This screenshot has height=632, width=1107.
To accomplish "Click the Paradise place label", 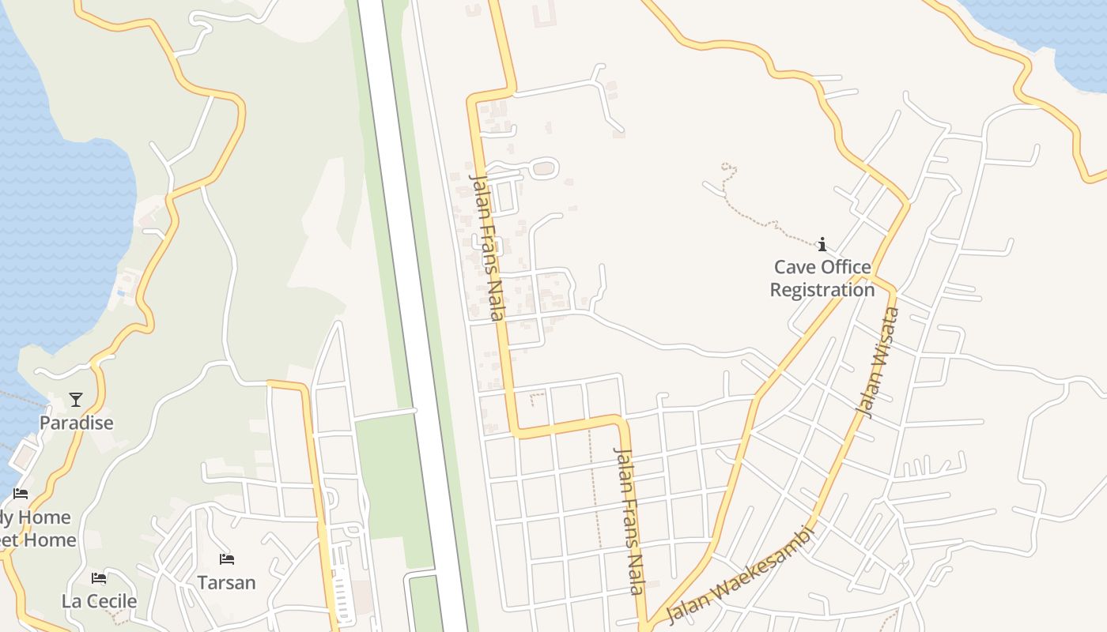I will pyautogui.click(x=77, y=423).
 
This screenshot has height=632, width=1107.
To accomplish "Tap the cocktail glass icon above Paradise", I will pyautogui.click(x=76, y=400).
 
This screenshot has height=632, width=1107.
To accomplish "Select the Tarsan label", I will pyautogui.click(x=226, y=583).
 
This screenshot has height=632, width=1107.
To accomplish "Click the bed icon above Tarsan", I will pyautogui.click(x=227, y=560).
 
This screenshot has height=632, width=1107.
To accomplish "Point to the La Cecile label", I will pyautogui.click(x=99, y=601).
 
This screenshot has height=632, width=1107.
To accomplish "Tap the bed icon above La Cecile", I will pyautogui.click(x=99, y=578).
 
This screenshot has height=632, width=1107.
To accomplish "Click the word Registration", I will pyautogui.click(x=822, y=290).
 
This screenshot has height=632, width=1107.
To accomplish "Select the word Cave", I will pyautogui.click(x=794, y=267).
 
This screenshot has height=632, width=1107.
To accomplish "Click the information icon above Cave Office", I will pyautogui.click(x=822, y=244).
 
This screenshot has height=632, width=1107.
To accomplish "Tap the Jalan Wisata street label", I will pyautogui.click(x=879, y=362).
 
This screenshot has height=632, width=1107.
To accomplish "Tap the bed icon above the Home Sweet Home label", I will pyautogui.click(x=21, y=494).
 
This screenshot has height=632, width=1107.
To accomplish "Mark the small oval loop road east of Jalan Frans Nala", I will pyautogui.click(x=543, y=168).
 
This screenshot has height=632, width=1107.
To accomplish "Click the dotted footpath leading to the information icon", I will pyautogui.click(x=759, y=218).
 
